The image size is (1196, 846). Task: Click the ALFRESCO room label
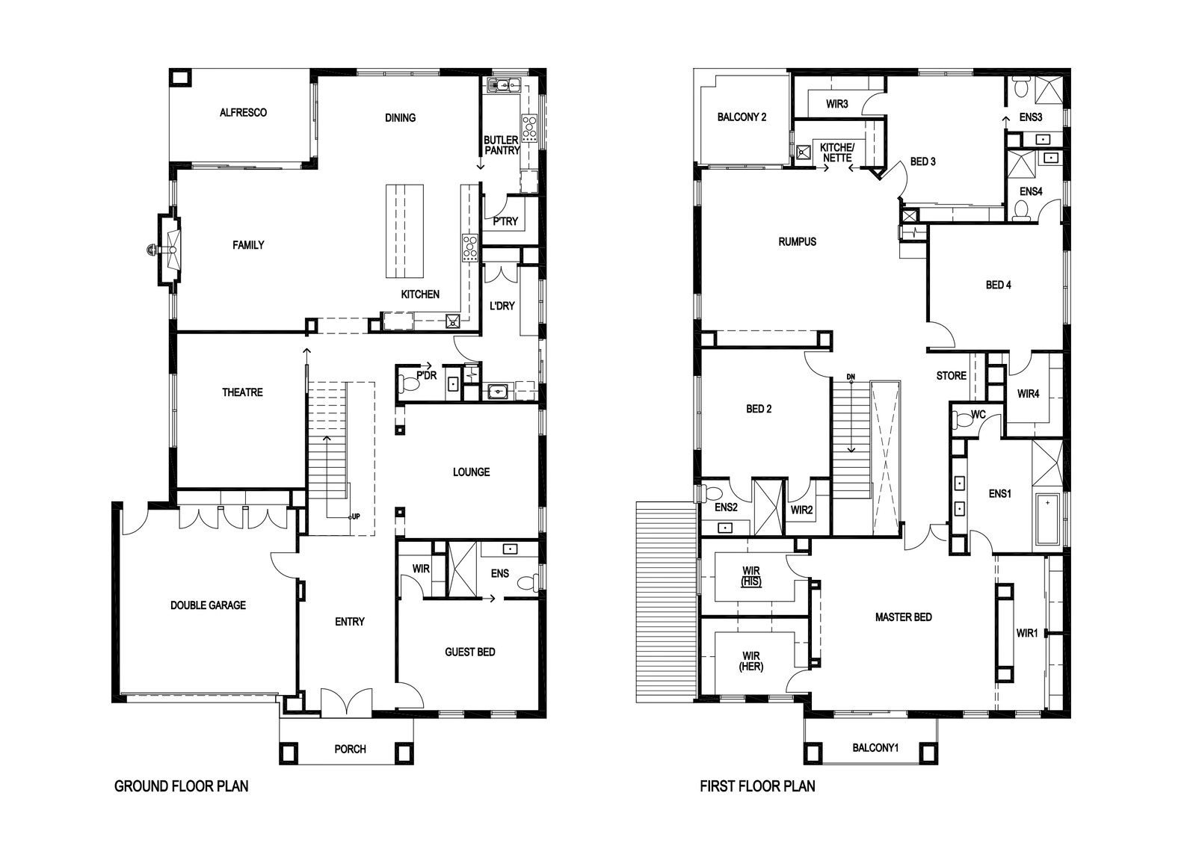tap(243, 113)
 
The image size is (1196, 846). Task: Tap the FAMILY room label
tap(248, 245)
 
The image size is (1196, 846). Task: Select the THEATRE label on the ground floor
tap(242, 392)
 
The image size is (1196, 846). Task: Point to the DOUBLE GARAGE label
tap(209, 605)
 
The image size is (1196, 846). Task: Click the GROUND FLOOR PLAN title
tap(182, 786)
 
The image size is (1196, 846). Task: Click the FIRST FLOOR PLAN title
tap(758, 786)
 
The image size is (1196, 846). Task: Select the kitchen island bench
tap(404, 231)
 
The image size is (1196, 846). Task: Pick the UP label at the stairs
tap(355, 516)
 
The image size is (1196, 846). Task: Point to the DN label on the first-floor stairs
tap(851, 377)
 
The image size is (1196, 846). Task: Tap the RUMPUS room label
tap(797, 242)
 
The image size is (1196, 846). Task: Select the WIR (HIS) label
tap(750, 576)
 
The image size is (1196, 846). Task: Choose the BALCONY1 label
tap(875, 748)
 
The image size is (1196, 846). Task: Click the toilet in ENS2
tap(710, 493)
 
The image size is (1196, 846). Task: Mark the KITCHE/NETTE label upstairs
tap(837, 152)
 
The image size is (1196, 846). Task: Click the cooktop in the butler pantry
tap(529, 128)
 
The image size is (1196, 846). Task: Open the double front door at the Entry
tap(347, 701)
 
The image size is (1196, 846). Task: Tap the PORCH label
tap(351, 750)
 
